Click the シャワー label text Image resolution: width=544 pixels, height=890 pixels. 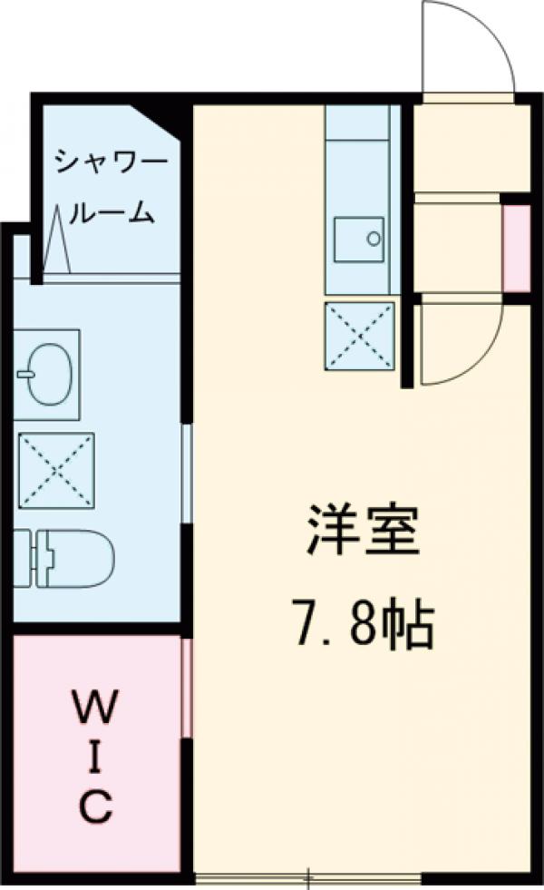(112, 164)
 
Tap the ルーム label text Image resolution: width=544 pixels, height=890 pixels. (112, 213)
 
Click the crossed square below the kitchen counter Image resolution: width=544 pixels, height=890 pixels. (360, 336)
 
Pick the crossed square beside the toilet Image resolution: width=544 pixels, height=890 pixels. (56, 470)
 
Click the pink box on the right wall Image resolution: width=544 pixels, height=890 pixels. (516, 249)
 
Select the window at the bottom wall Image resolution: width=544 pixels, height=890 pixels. (308, 877)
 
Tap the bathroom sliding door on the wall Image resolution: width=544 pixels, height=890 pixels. (186, 472)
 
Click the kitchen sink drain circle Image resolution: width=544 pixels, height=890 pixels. (374, 240)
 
